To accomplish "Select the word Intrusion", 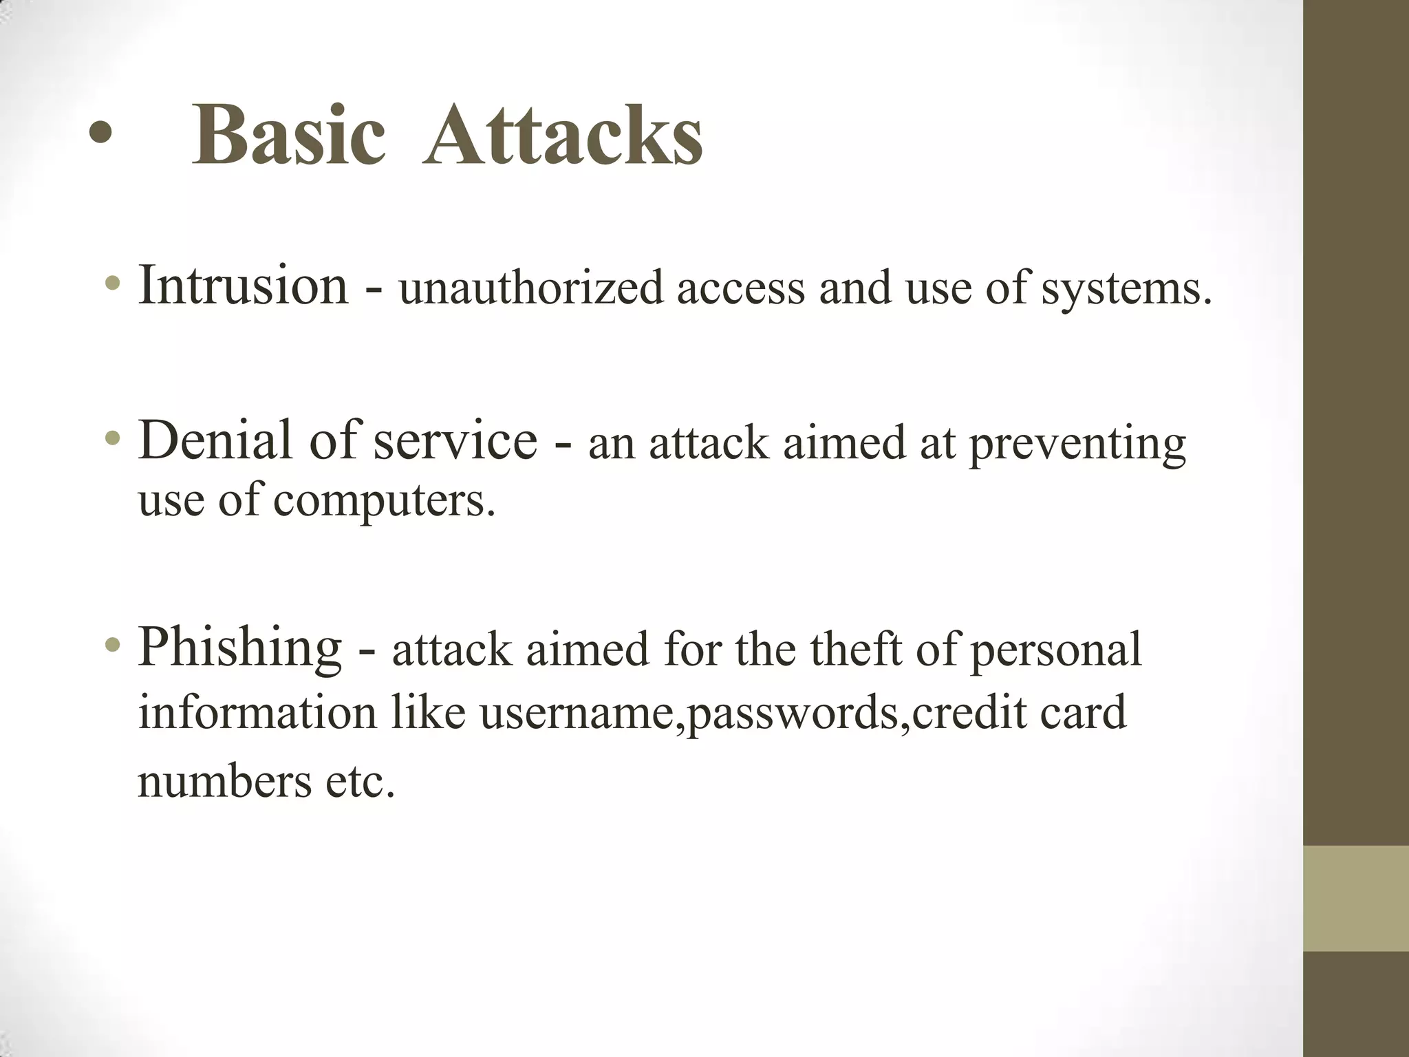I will click(243, 285).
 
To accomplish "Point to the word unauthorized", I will click(530, 288).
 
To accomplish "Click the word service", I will click(455, 441).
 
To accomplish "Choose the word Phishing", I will click(239, 648).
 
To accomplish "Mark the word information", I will click(257, 712).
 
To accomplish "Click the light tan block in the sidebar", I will click(1356, 898).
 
